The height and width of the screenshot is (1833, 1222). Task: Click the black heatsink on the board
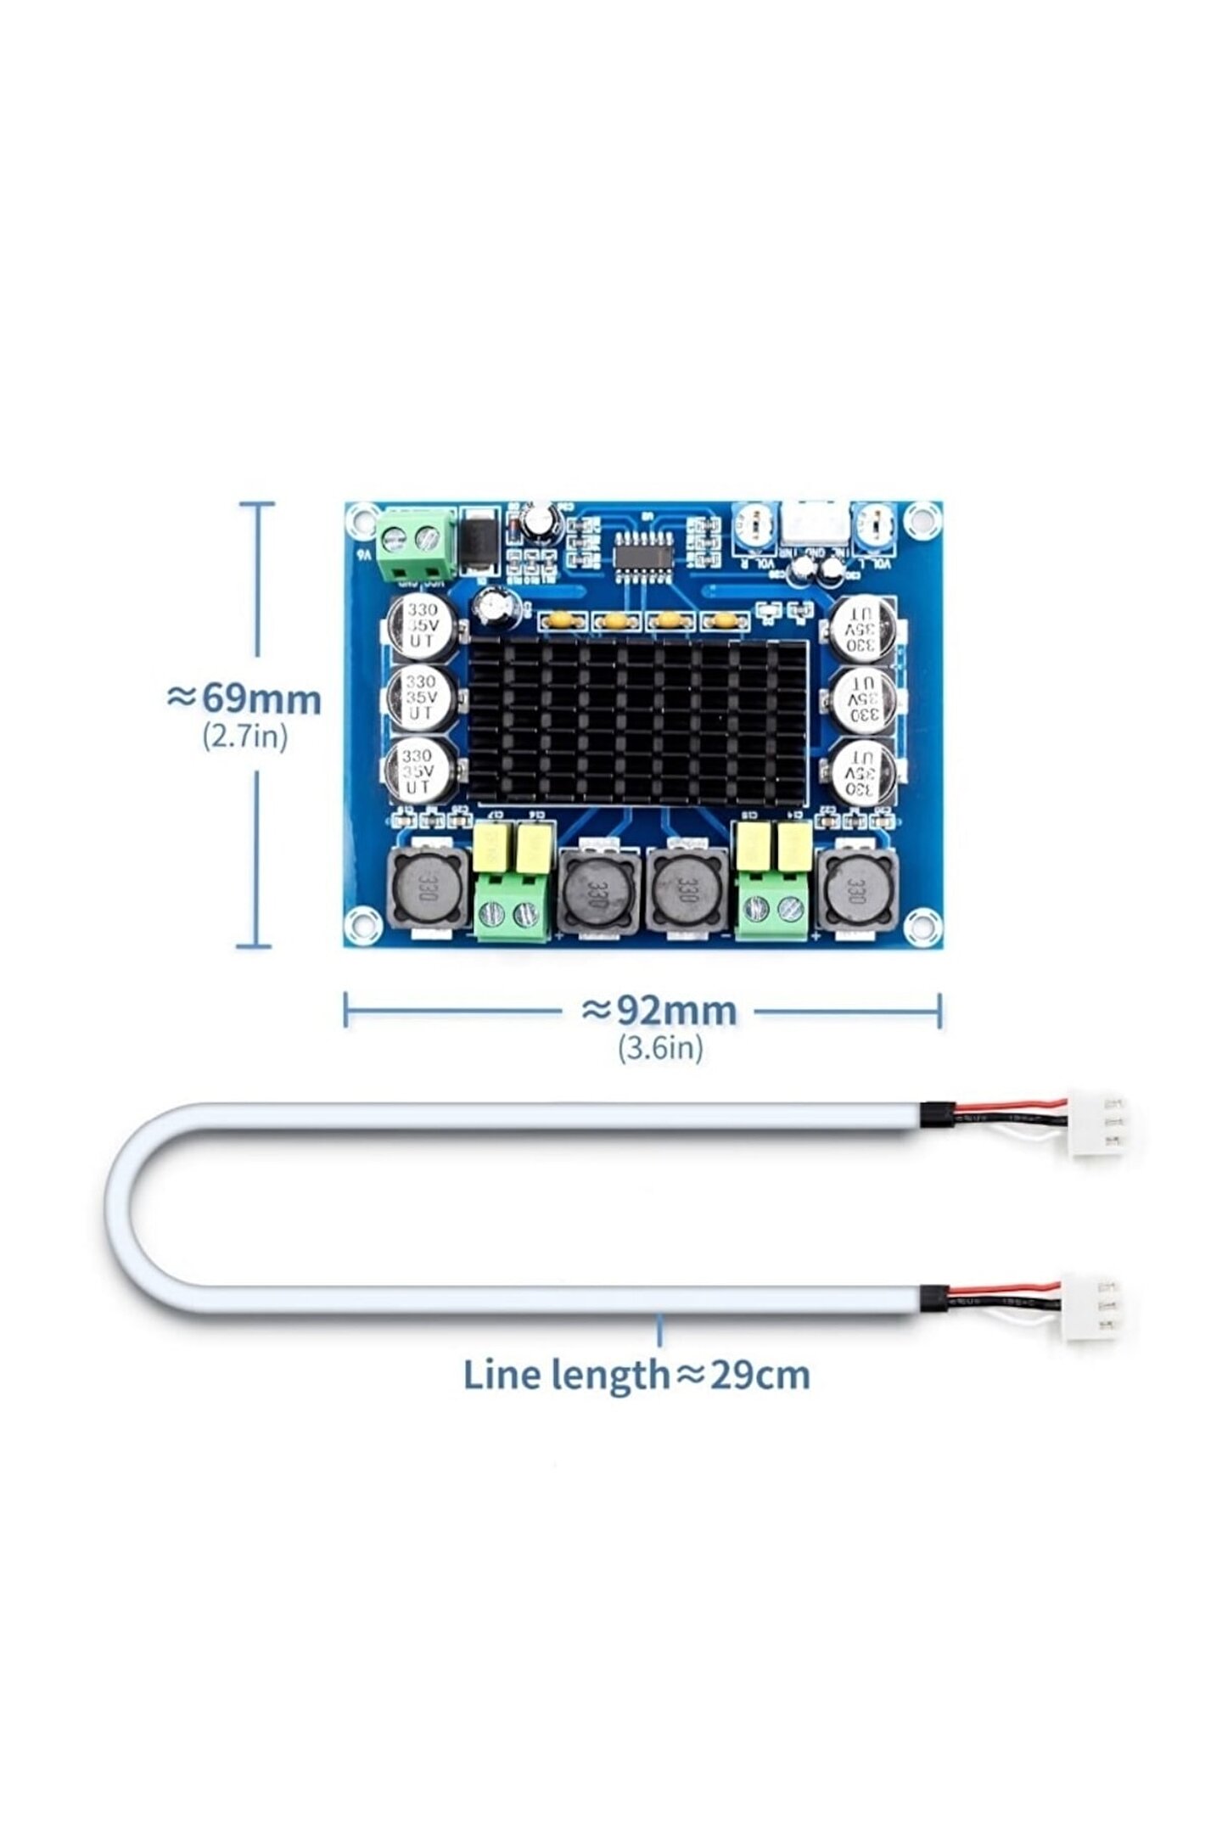636,721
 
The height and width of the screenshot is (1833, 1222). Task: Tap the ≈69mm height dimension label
244,698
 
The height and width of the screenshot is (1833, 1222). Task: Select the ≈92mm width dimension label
659,1010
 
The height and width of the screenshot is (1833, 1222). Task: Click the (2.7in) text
245,735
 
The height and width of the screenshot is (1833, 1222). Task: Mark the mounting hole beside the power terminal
363,518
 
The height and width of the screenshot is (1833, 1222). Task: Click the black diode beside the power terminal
479,541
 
